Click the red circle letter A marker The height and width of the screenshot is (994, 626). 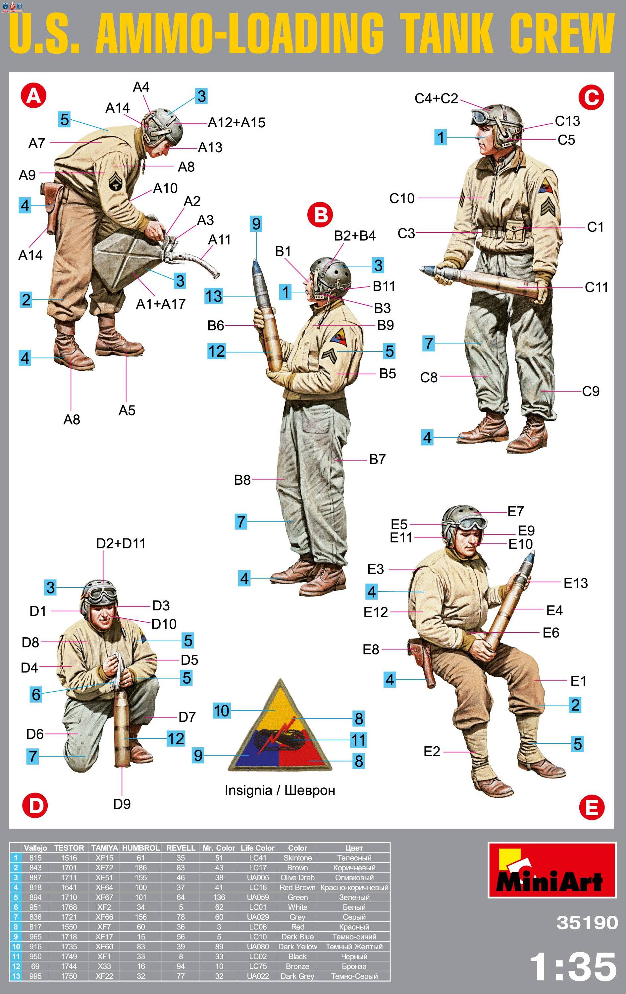point(34,96)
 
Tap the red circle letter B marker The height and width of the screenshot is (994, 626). point(320,215)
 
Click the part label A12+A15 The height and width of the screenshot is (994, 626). point(236,123)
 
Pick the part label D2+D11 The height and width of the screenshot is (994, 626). point(121,543)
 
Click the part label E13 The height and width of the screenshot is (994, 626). point(575,583)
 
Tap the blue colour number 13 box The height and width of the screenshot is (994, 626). point(214,296)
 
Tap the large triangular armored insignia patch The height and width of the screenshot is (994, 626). point(280,726)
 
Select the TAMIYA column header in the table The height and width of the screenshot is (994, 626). point(104,847)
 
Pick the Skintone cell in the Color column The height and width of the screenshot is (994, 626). point(297,857)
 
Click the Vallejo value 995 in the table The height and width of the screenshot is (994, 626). point(35,976)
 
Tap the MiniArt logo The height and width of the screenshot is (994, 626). point(552,875)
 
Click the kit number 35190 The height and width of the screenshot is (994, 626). point(587,922)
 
